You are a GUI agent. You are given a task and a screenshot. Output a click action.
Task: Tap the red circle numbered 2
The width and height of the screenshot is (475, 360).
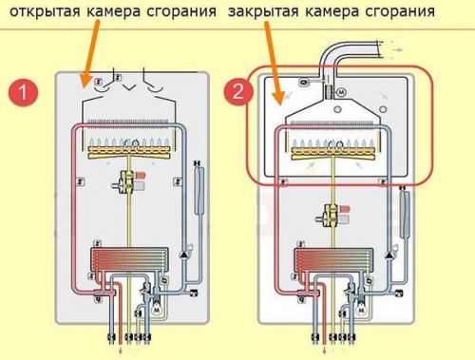pyautogui.click(x=238, y=93)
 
